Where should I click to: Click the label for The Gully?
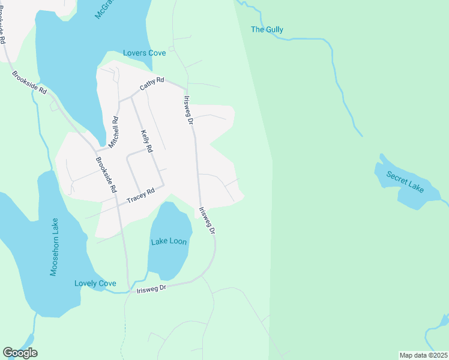267,29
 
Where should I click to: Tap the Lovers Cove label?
144,53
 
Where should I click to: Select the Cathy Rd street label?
152,83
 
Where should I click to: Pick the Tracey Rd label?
140,196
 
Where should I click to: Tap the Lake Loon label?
169,241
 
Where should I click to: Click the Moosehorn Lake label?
55,247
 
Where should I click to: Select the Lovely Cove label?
95,283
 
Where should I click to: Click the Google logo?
20,353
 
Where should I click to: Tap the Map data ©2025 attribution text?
423,355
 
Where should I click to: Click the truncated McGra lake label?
108,9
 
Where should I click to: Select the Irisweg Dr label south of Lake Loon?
151,288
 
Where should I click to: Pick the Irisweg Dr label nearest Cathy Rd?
188,110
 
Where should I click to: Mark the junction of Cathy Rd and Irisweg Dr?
185,89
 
